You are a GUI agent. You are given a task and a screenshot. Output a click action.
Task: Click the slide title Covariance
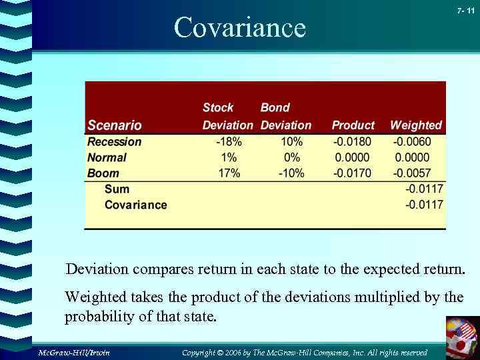point(239,28)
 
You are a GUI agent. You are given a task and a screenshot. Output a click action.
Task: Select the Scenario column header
point(115,125)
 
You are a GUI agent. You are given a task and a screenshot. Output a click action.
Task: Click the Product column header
point(353,125)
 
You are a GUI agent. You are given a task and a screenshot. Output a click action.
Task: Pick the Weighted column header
point(415,125)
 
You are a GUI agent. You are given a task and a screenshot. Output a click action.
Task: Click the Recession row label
point(115,142)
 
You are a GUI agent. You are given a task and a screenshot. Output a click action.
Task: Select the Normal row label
point(107,158)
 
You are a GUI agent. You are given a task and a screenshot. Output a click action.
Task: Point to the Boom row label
point(103,173)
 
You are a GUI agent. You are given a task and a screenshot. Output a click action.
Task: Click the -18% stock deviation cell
point(229,142)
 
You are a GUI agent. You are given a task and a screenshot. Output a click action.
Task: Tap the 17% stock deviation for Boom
point(229,173)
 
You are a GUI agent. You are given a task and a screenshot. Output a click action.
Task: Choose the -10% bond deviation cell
point(291,173)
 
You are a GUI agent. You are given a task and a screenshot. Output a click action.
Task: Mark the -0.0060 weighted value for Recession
point(412,142)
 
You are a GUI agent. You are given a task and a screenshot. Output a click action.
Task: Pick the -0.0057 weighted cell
point(412,173)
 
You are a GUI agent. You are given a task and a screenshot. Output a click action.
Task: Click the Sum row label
point(117,189)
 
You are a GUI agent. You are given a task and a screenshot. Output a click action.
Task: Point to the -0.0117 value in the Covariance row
point(424,205)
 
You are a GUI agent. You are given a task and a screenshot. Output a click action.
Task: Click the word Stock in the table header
point(218,107)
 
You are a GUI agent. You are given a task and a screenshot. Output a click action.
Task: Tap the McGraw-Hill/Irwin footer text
point(73,352)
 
